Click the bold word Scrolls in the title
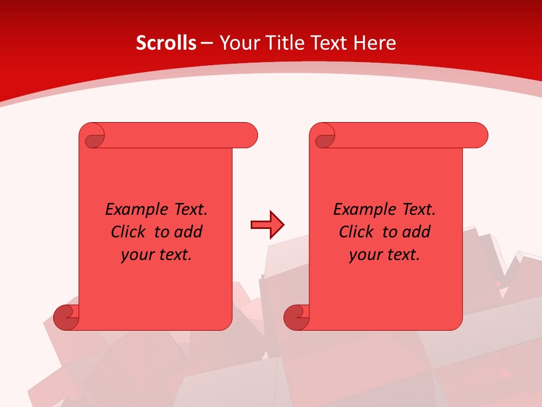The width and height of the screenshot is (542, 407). tap(166, 43)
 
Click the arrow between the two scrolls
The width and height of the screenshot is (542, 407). tap(267, 224)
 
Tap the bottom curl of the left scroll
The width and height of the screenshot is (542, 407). tap(65, 318)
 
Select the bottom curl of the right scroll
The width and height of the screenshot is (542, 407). tap(296, 318)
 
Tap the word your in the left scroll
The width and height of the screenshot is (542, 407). tap(137, 256)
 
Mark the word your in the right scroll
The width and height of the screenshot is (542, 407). tap(365, 256)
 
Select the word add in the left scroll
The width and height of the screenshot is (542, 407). tap(189, 232)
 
